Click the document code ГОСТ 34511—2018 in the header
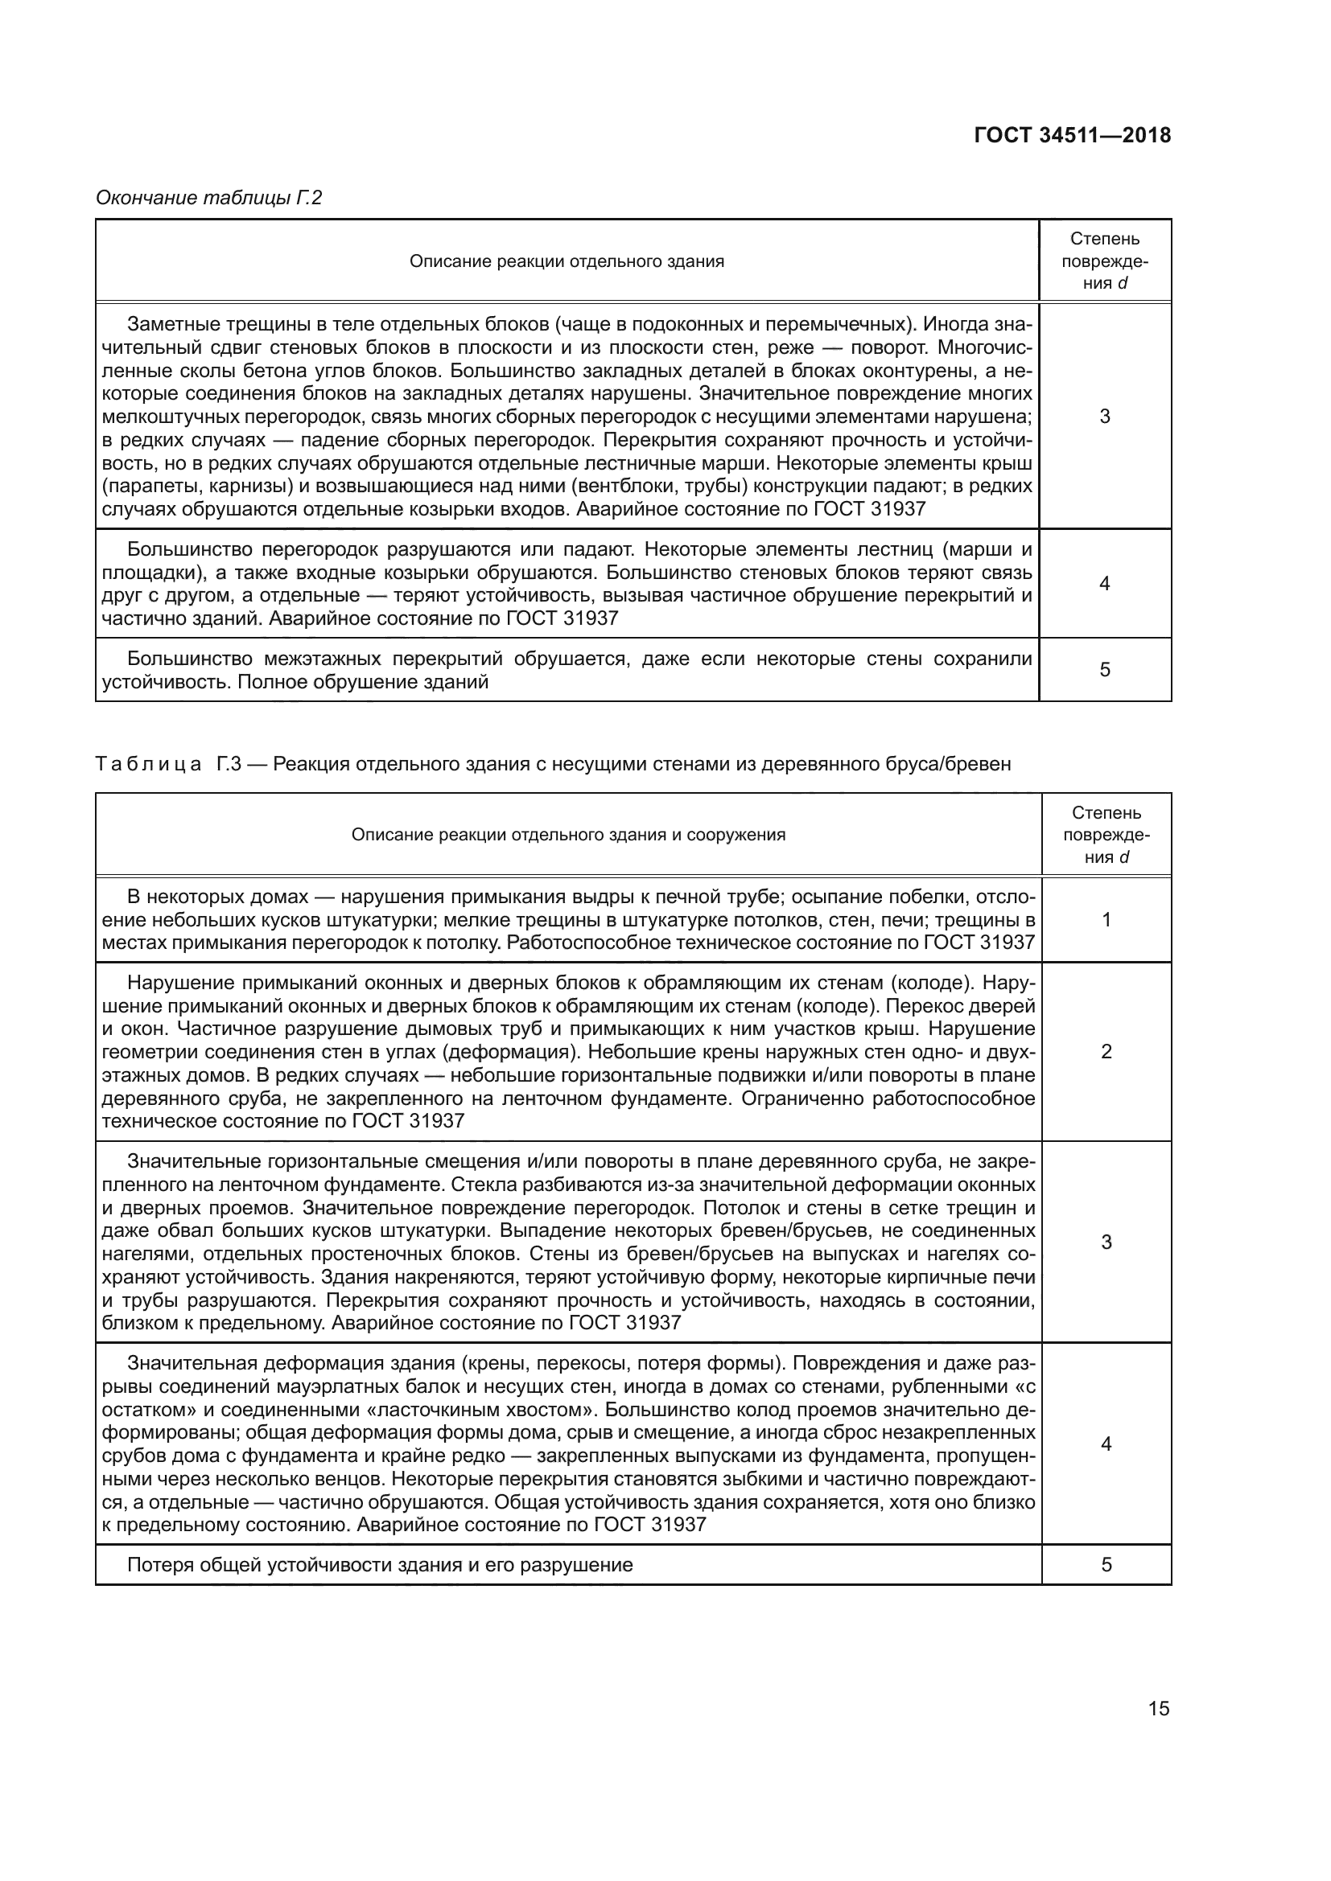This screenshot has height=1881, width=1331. tap(1072, 135)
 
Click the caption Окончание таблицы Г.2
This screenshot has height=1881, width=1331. tap(209, 198)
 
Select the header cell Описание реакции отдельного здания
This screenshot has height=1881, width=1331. tap(567, 261)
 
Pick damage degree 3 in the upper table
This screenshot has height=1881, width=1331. tap(1104, 417)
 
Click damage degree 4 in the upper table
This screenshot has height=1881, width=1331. tap(1104, 583)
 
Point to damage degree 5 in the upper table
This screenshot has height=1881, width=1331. tap(1104, 669)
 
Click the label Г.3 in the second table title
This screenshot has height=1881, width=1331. tap(229, 763)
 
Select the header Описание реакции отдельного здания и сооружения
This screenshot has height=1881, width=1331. tap(568, 835)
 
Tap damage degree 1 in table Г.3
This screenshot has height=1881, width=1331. tap(1106, 919)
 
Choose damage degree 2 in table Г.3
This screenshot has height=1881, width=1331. tap(1106, 1051)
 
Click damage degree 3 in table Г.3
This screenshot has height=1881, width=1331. tap(1106, 1242)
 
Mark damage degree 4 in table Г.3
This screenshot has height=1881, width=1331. tap(1106, 1444)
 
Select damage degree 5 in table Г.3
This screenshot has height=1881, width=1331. tap(1106, 1565)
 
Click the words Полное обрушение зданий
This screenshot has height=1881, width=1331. tap(363, 682)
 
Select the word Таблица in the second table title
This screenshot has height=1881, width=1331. tap(148, 763)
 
